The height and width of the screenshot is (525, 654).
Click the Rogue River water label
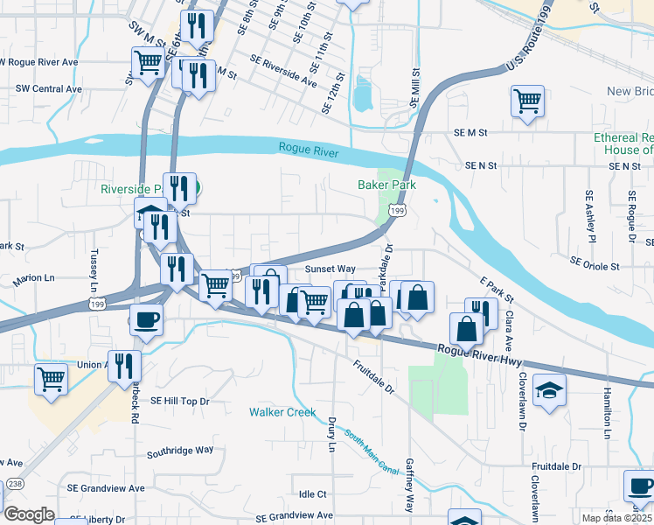309,149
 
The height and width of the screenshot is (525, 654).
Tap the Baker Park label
386,185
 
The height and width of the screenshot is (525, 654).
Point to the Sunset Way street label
330,269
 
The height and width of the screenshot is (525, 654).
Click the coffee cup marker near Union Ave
146,319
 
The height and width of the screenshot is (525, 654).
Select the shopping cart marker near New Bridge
528,101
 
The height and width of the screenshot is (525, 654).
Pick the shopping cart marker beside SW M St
149,62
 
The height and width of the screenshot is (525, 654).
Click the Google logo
28,514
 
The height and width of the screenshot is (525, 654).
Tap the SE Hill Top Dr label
180,400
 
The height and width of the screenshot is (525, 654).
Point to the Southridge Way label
180,451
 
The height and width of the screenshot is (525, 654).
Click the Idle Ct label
312,494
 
